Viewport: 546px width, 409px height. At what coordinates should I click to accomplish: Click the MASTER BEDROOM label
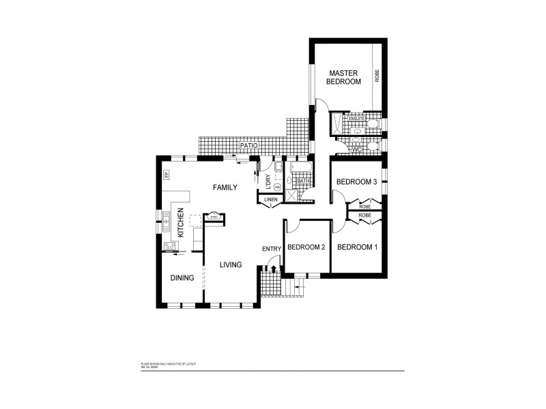tap(345, 77)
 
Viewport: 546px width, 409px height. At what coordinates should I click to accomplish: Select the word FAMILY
tap(225, 187)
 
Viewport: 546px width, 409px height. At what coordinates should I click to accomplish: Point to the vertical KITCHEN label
tap(181, 222)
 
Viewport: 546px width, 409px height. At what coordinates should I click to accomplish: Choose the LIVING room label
tap(230, 264)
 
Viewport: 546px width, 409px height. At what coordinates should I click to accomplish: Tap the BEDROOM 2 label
tap(305, 247)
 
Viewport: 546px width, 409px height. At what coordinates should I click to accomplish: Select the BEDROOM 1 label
tap(357, 247)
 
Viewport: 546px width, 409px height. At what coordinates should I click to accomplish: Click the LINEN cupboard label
tap(272, 200)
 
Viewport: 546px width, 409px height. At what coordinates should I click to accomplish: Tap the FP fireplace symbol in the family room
tap(166, 176)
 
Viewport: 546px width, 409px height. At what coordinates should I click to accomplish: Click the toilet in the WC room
tap(368, 149)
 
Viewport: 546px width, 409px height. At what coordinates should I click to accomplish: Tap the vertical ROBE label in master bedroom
tap(376, 76)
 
